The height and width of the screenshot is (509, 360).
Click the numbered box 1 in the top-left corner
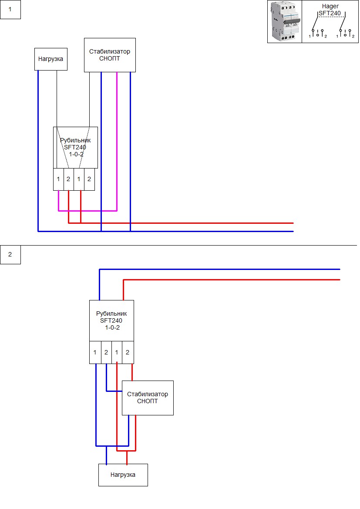pos(10,10)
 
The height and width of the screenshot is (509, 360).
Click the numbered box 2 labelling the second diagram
pos(10,254)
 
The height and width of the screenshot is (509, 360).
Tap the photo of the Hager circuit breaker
pos(285,22)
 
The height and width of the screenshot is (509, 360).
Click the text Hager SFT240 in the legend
pos(330,10)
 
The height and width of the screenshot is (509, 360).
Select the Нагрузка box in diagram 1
pos(51,59)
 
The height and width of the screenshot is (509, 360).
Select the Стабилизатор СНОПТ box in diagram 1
pos(110,55)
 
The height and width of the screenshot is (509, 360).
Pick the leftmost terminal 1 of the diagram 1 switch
pos(58,179)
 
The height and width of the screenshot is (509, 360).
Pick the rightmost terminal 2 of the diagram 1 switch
pos(89,179)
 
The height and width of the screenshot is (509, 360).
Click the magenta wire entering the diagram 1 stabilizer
pos(117,141)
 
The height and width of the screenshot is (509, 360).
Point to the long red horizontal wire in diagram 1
pos(181,223)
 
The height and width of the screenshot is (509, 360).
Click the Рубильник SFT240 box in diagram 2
pos(112,321)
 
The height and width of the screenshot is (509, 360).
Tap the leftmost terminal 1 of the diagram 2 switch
pos(95,353)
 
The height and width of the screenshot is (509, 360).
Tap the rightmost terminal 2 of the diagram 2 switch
pos(128,353)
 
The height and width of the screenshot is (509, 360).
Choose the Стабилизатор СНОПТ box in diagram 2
pos(148,398)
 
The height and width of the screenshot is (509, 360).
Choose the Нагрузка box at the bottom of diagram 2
pos(123,475)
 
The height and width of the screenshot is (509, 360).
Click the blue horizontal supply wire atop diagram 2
pos(219,269)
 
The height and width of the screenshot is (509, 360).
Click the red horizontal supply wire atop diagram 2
pos(232,280)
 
